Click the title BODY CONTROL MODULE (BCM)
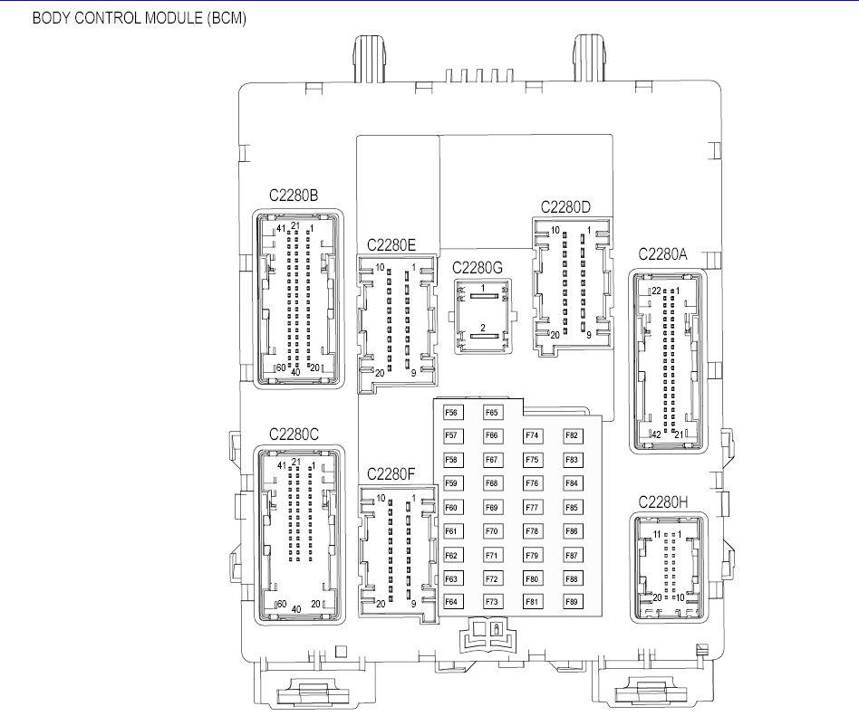click(140, 18)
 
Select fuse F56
click(452, 413)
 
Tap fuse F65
click(493, 413)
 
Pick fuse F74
click(533, 435)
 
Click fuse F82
click(573, 435)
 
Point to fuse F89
click(573, 602)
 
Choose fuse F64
click(452, 602)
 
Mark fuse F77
click(533, 508)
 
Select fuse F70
click(493, 531)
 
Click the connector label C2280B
click(294, 196)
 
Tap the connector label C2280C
click(294, 434)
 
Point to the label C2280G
click(478, 268)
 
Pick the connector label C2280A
click(663, 254)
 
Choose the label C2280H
click(663, 502)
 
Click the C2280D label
click(566, 207)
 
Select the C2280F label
click(391, 474)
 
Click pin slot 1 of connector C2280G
click(484, 296)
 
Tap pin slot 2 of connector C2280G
click(484, 336)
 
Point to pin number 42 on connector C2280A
click(656, 434)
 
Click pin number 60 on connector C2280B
click(281, 368)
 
